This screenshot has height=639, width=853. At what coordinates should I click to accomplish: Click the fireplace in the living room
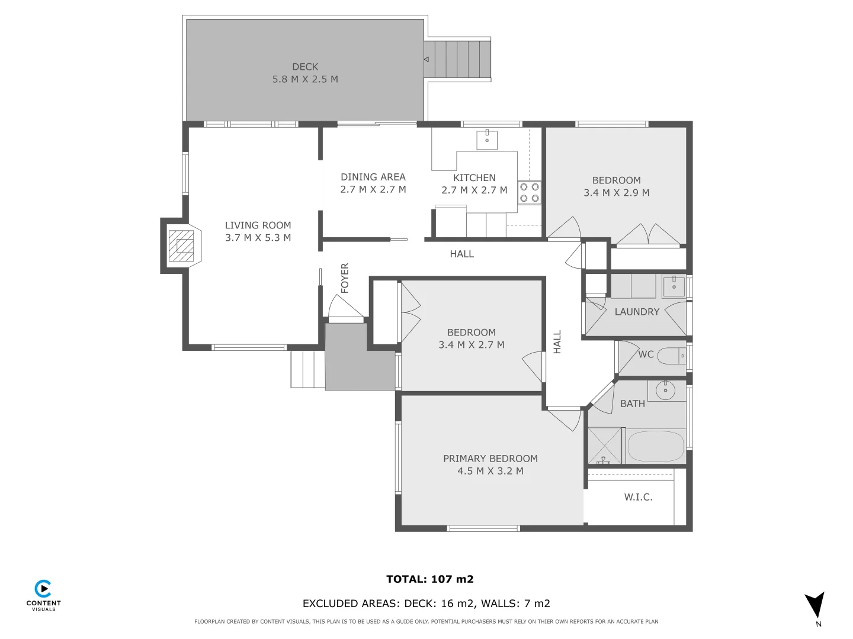click(181, 246)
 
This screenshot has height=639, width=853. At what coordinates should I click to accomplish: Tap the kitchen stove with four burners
click(530, 192)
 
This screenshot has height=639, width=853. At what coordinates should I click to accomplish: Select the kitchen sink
click(487, 140)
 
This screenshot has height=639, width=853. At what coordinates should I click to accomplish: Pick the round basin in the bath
click(666, 390)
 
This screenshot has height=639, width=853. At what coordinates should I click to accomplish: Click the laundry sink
click(674, 286)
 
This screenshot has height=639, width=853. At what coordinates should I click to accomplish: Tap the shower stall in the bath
click(605, 446)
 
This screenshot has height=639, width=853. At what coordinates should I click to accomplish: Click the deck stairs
click(458, 59)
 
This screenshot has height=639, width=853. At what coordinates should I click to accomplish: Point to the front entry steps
click(307, 370)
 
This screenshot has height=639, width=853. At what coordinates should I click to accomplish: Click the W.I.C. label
click(638, 497)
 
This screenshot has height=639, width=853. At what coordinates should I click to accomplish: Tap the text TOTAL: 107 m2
click(430, 579)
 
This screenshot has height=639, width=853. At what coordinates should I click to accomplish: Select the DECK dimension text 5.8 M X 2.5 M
click(305, 79)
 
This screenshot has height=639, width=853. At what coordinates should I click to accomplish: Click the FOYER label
click(345, 278)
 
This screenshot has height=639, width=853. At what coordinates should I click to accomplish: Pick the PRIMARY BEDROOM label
click(490, 459)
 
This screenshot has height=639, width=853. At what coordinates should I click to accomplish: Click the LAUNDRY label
click(637, 312)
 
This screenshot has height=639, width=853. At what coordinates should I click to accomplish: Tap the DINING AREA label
click(373, 177)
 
